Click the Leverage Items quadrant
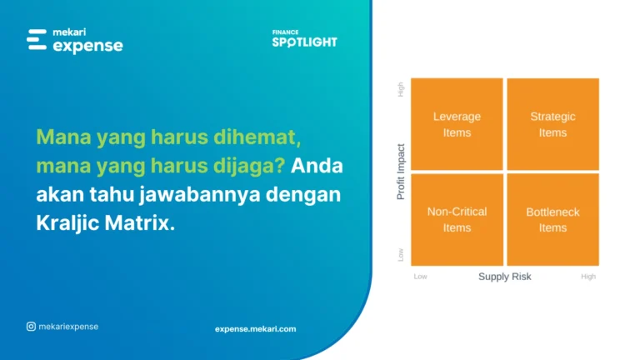(457, 124)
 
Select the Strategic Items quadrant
(552, 124)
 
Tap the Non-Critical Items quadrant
(457, 219)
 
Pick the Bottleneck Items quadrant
(552, 219)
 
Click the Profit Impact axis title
(401, 172)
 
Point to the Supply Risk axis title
(504, 277)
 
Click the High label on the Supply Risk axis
(588, 277)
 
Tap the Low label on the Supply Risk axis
(421, 277)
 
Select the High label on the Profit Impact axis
(401, 89)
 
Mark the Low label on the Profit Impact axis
(401, 254)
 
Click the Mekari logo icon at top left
(37, 40)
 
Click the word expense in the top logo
(87, 47)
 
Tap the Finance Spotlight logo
(304, 39)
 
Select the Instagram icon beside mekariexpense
(31, 327)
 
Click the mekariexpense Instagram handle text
(68, 327)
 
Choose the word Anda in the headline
(317, 166)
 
